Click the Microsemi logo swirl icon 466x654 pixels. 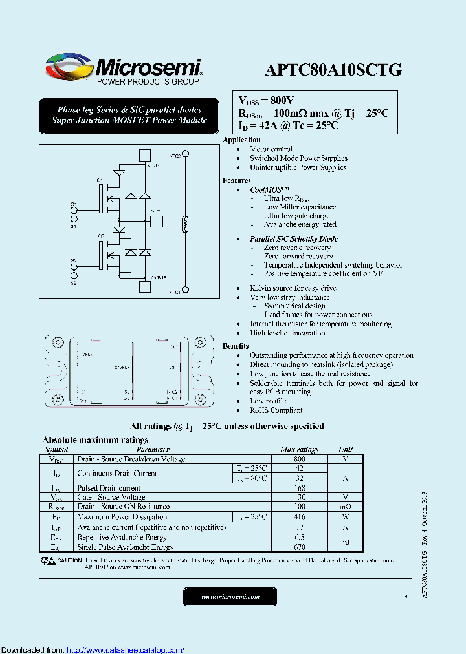click(67, 66)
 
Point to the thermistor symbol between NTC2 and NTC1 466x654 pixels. click(186, 224)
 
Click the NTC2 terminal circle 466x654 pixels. click(186, 154)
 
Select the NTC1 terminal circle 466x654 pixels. click(186, 289)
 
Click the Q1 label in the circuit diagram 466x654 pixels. click(100, 180)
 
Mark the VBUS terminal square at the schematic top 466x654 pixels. click(146, 154)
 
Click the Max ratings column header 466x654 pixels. click(299, 449)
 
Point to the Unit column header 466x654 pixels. click(346, 449)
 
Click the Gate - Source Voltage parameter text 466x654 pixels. click(111, 498)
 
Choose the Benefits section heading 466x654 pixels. click(236, 346)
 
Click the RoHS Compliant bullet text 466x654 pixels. click(276, 410)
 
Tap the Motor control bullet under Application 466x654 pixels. click(271, 149)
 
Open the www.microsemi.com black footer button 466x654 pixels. click(230, 596)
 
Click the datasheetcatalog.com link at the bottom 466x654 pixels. click(126, 649)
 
